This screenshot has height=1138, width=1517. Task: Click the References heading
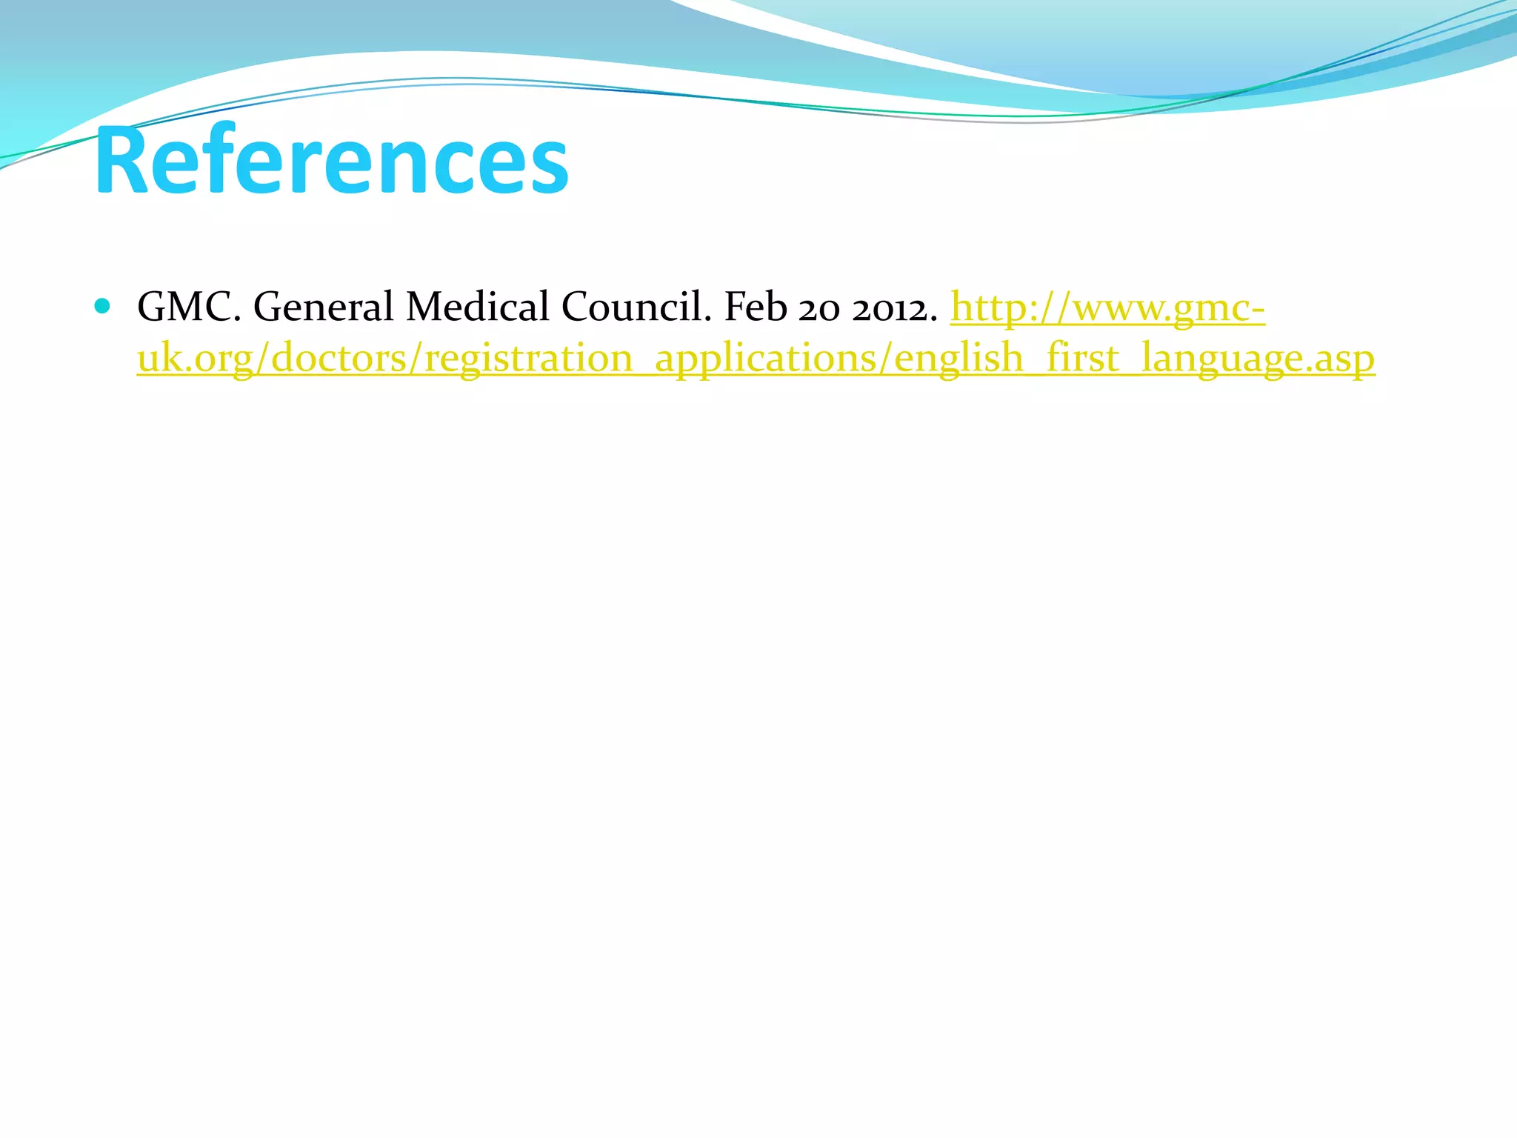332,160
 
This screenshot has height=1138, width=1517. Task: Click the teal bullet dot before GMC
103,306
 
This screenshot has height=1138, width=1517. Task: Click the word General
323,307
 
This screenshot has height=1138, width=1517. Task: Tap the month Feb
755,307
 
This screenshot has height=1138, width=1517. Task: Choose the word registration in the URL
528,359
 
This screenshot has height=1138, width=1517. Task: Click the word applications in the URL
766,359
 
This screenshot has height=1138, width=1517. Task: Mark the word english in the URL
959,359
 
